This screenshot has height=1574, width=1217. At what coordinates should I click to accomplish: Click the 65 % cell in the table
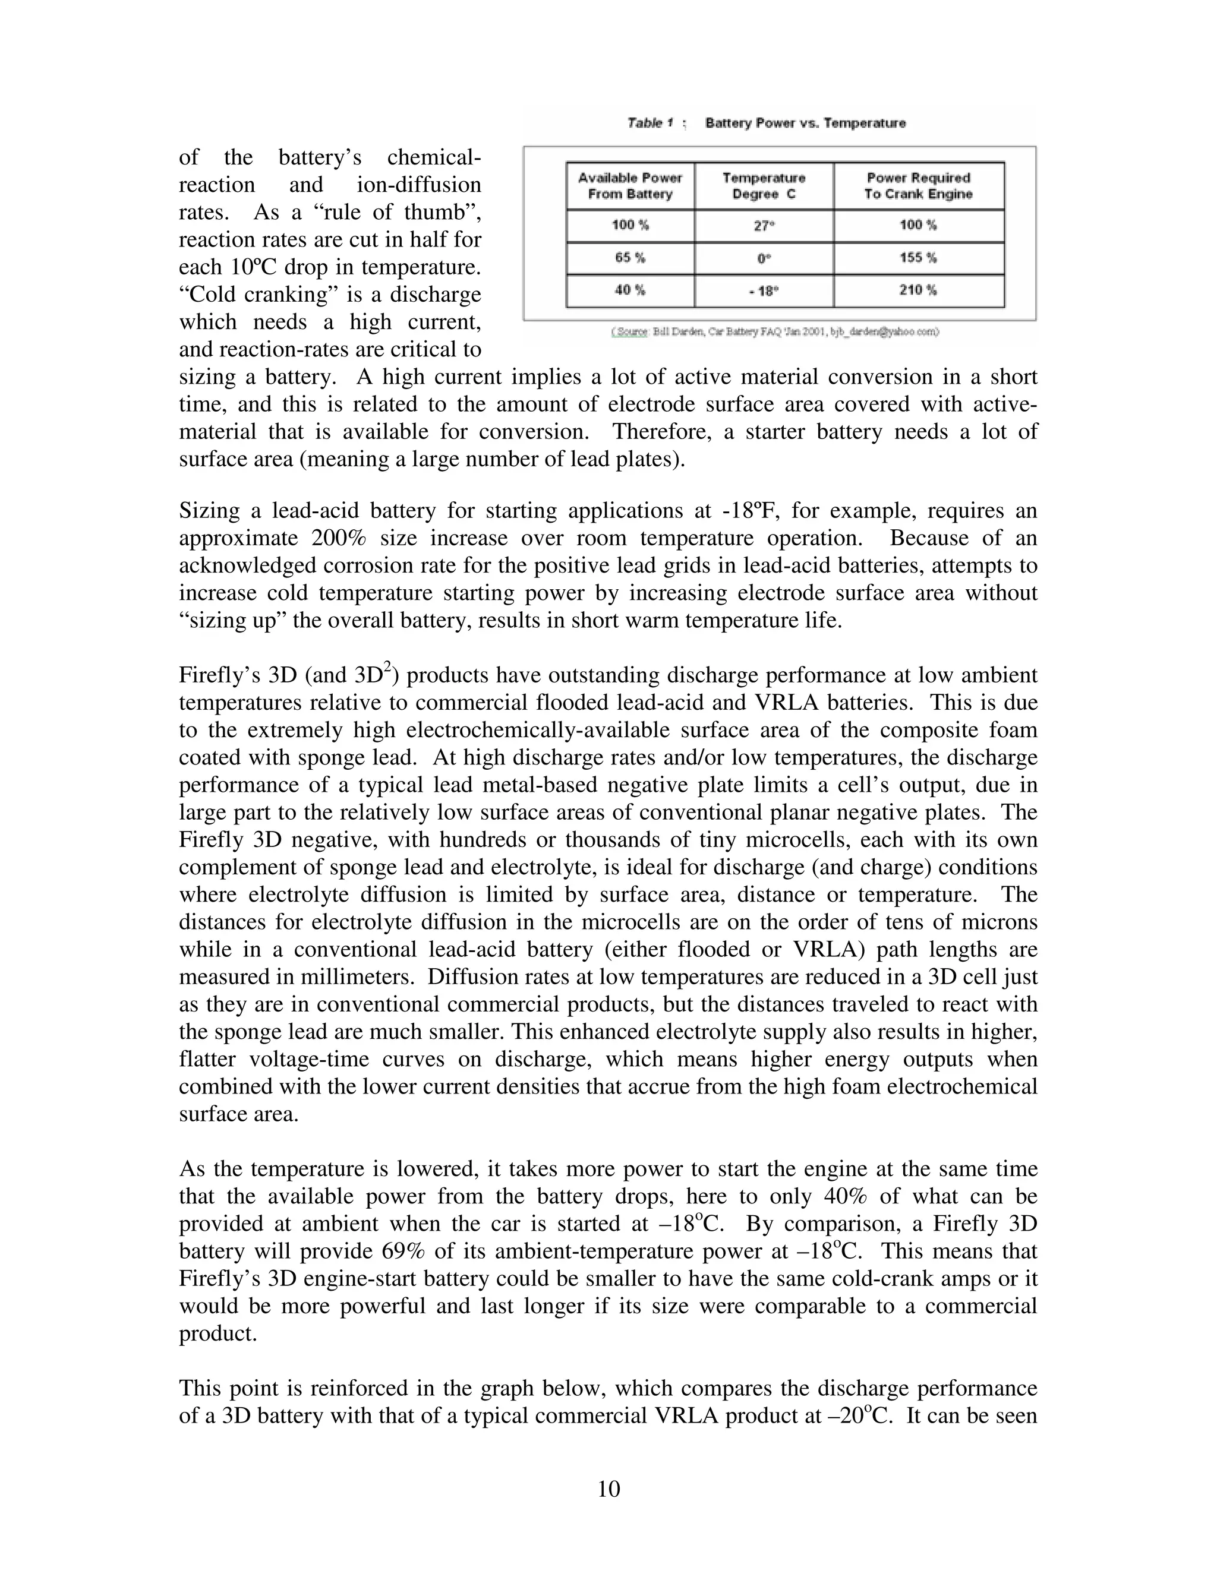tap(630, 257)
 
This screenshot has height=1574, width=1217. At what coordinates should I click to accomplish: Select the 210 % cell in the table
tap(918, 290)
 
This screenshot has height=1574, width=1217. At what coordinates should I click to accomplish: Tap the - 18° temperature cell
tap(764, 290)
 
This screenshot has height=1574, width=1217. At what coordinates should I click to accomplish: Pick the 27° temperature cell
tap(764, 226)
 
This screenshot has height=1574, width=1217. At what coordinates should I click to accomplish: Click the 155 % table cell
tap(918, 257)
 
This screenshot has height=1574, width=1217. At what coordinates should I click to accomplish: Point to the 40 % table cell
tap(630, 290)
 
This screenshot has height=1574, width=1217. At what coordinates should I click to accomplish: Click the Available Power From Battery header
tap(630, 186)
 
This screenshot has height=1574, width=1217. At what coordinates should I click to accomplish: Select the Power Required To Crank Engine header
tap(918, 186)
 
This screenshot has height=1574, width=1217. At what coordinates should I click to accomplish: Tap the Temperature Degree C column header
tap(764, 186)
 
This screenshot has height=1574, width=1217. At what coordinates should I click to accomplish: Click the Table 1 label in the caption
tap(650, 123)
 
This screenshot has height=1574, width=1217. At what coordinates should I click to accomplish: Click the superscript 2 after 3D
tap(387, 669)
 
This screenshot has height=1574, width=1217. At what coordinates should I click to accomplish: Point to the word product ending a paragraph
tap(217, 1334)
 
